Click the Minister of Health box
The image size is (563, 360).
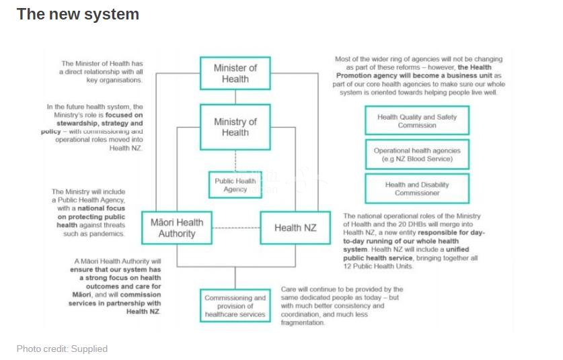(235, 73)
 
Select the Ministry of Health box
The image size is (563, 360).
(235, 127)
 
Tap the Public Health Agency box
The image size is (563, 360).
(235, 185)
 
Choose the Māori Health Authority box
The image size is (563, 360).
(176, 228)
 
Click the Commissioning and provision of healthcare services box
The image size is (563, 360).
(235, 306)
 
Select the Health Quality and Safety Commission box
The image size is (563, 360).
(416, 121)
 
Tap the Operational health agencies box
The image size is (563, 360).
(416, 154)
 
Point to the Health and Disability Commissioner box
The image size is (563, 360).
(416, 189)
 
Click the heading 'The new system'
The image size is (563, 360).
(77, 14)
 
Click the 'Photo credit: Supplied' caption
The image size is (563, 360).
(62, 349)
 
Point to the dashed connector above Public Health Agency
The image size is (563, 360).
(235, 161)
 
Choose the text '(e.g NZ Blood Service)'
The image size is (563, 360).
(416, 159)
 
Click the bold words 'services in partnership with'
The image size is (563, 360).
(114, 303)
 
